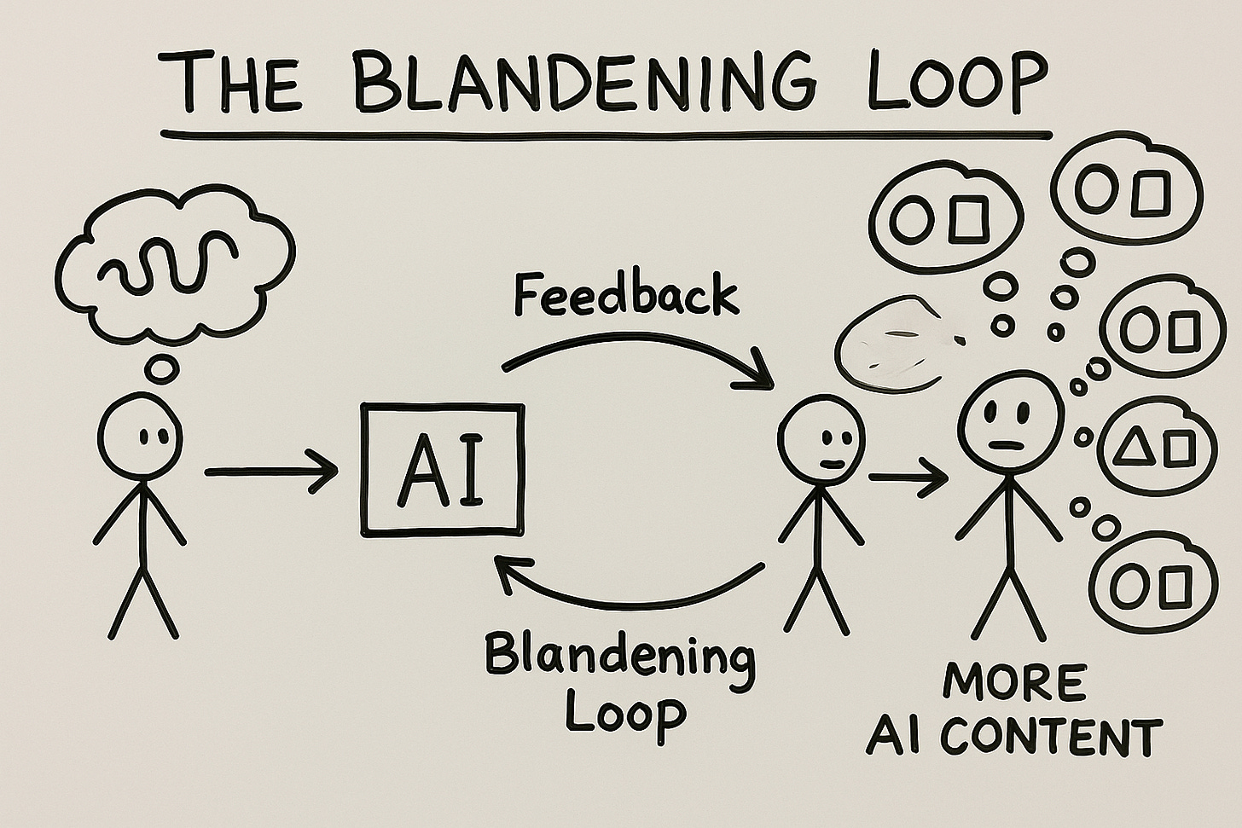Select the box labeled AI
[443, 470]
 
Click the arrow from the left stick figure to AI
[271, 471]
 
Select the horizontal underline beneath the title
[606, 135]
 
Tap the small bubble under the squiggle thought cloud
[160, 367]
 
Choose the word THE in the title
[233, 83]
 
